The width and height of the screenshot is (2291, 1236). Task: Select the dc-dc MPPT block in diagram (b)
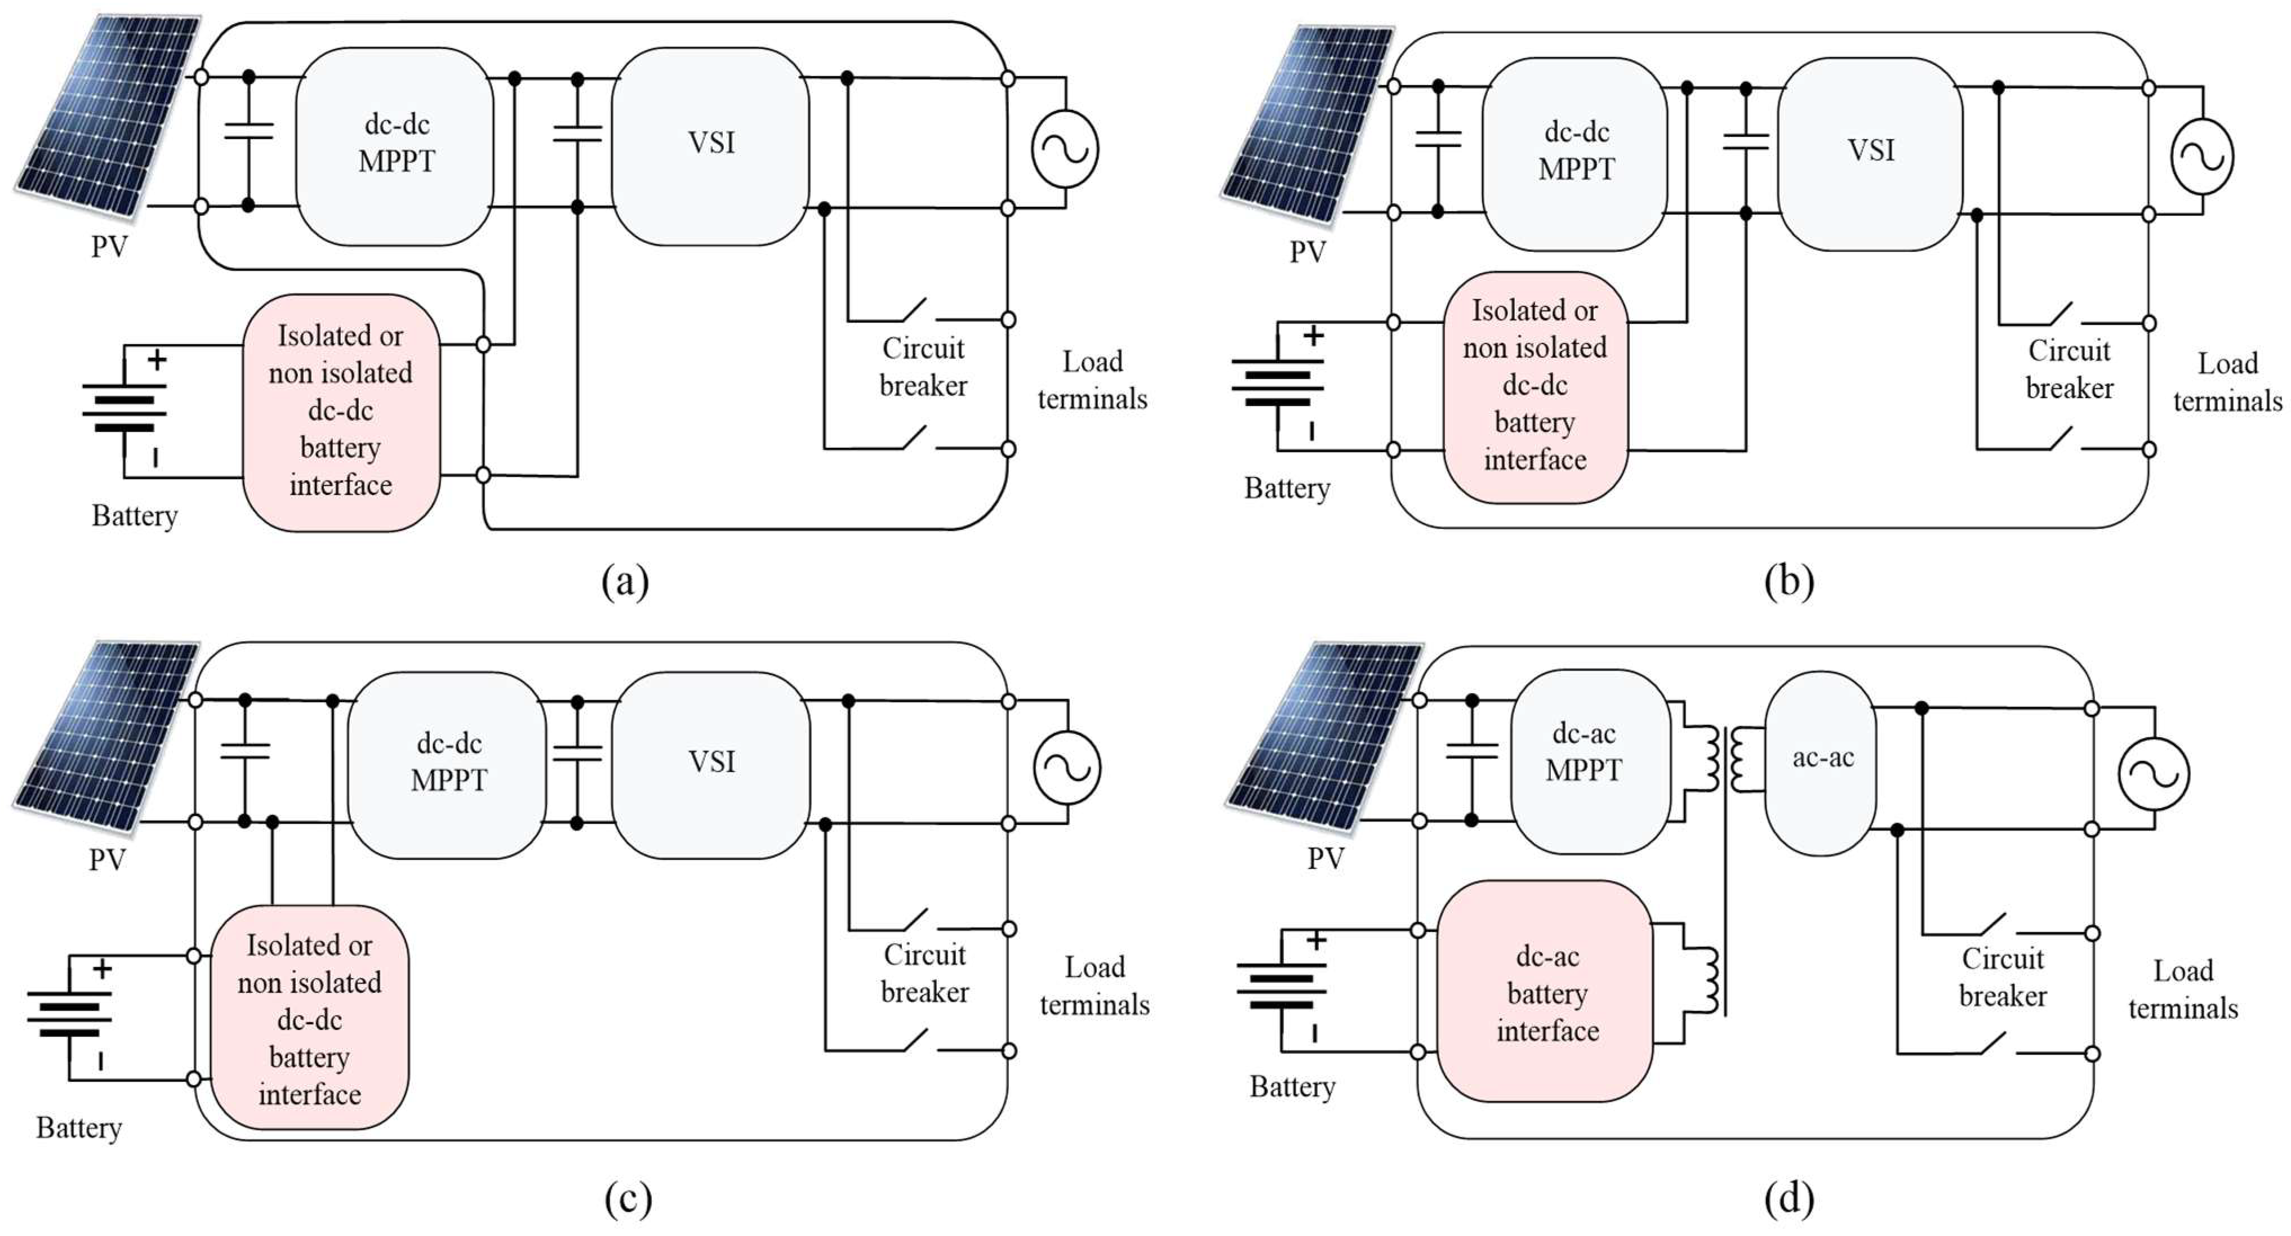point(1575,153)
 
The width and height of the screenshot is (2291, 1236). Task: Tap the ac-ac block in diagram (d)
point(1821,762)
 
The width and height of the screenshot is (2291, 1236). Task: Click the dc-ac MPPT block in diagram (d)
point(1589,760)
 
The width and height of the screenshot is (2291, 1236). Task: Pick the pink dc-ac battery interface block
point(1546,992)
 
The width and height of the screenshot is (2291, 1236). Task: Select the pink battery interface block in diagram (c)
point(309,1018)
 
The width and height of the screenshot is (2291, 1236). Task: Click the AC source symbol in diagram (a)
point(1065,149)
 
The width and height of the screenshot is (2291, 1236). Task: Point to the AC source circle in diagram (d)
point(2153,774)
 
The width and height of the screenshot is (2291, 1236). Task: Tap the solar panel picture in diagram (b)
point(1305,124)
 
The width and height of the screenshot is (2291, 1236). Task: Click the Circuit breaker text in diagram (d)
point(2002,977)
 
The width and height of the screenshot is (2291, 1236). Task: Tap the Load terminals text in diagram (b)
point(2227,382)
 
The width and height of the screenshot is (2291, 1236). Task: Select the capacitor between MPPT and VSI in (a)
point(577,133)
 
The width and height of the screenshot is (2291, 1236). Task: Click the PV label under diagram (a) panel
point(109,246)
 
